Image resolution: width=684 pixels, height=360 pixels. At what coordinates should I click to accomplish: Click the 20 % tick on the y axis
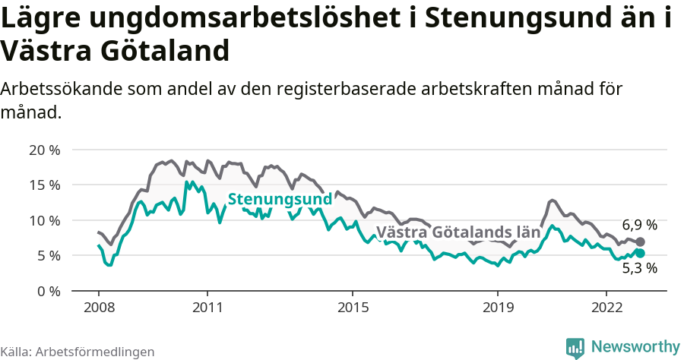[x=44, y=150]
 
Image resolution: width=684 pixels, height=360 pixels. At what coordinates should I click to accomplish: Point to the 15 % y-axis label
[x=44, y=185]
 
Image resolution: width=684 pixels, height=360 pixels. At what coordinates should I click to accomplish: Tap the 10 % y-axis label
[x=44, y=220]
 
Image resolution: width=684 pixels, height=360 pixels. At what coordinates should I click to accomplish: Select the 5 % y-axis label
[x=47, y=256]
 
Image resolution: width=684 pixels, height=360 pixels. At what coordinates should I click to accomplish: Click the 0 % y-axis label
[x=47, y=291]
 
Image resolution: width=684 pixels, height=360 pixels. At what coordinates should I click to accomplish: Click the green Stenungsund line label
[x=280, y=199]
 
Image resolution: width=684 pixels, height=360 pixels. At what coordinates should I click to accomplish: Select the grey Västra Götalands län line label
[x=458, y=232]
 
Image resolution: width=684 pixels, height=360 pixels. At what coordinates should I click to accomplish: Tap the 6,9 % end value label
[x=639, y=225]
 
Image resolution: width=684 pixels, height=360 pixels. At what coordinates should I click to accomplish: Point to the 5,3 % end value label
[x=639, y=267]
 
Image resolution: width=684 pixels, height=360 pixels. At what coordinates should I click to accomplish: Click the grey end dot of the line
[x=640, y=242]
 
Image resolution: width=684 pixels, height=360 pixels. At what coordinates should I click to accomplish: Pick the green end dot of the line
[x=640, y=253]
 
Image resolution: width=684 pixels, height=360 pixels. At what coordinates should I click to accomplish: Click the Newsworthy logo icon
[x=575, y=347]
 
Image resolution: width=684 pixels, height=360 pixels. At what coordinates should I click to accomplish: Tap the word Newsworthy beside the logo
[x=635, y=346]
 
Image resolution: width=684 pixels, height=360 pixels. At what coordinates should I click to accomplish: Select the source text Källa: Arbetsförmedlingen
[x=78, y=352]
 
